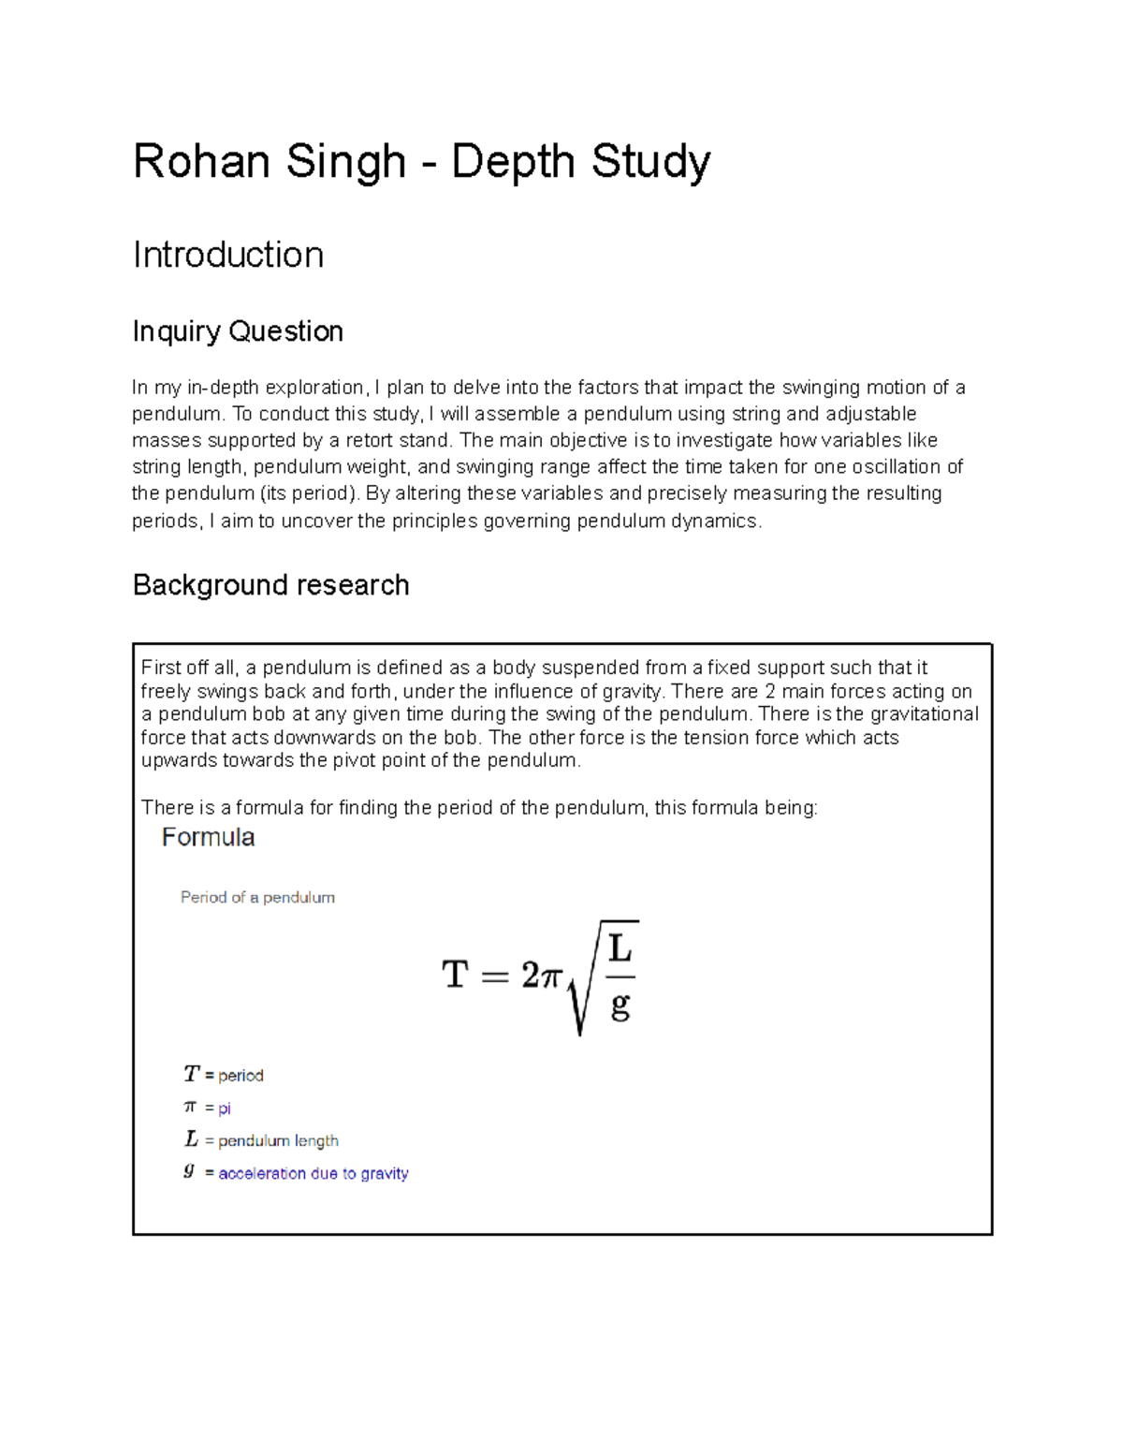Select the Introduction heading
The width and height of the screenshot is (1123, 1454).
click(x=228, y=255)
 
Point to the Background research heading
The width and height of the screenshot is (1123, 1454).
click(x=270, y=585)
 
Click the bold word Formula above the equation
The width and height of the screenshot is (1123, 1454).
click(x=208, y=837)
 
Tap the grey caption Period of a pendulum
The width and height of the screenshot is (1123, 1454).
click(x=257, y=897)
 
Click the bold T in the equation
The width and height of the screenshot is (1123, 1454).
click(x=455, y=975)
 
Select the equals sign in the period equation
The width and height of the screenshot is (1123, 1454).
click(x=494, y=977)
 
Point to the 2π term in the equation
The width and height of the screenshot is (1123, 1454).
click(x=541, y=976)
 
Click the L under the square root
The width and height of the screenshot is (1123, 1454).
click(x=620, y=948)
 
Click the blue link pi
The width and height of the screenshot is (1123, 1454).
click(x=225, y=1109)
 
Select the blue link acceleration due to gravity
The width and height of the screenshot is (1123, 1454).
click(x=314, y=1173)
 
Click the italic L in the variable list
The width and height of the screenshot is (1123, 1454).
click(x=191, y=1139)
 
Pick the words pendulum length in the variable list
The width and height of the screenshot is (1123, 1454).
click(x=278, y=1140)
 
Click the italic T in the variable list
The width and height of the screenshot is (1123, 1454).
click(x=192, y=1074)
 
